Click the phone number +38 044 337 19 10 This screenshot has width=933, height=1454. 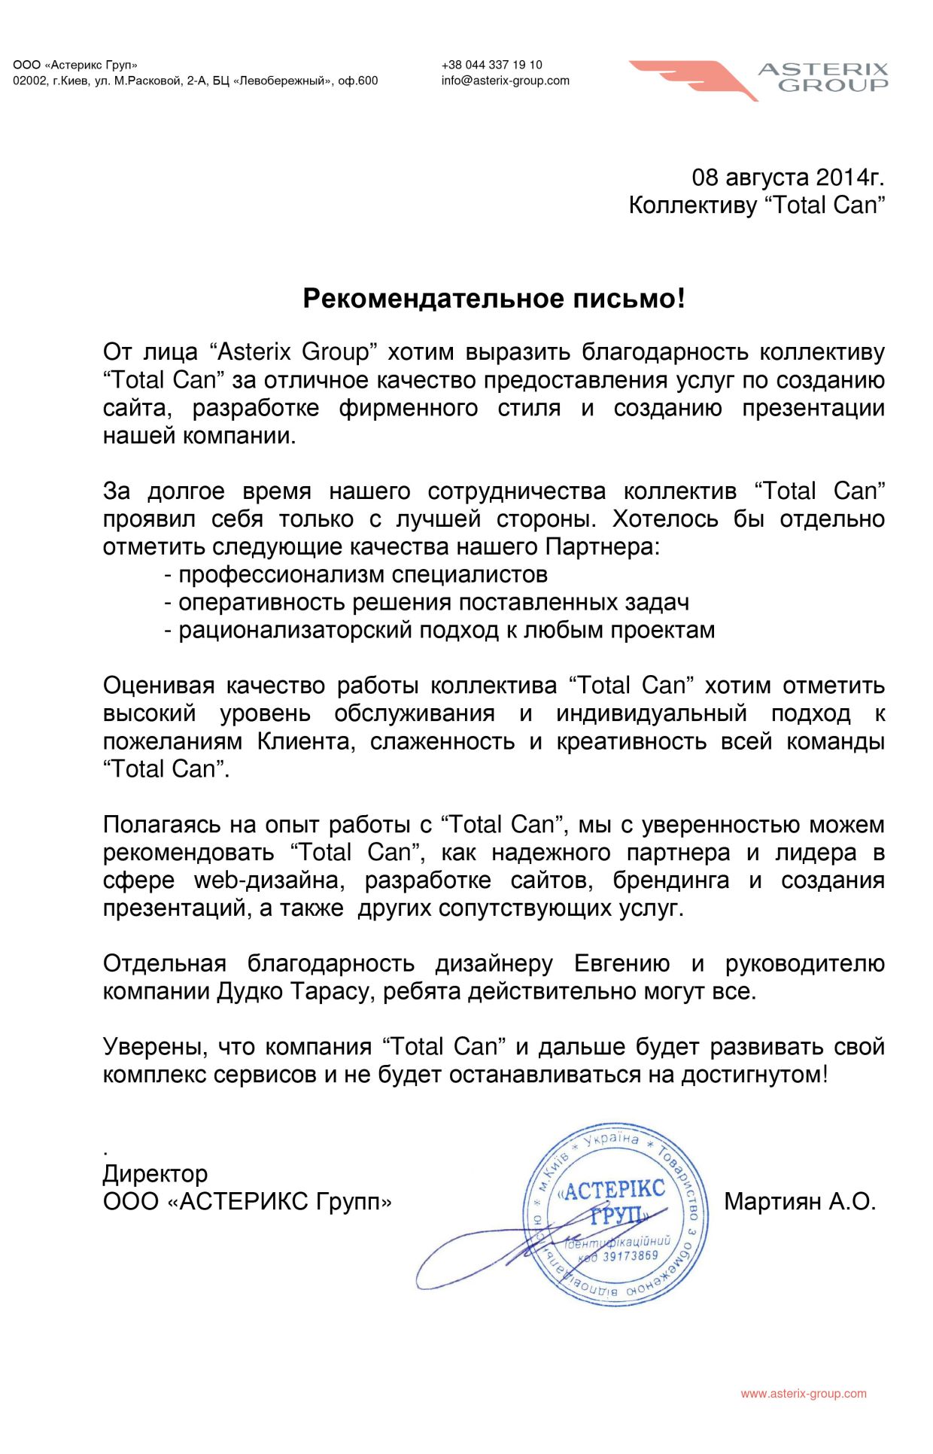click(491, 65)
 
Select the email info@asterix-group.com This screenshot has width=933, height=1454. click(505, 81)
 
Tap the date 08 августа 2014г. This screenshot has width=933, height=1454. click(787, 178)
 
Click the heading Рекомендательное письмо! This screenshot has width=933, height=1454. click(494, 299)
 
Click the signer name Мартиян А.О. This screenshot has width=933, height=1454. click(800, 1201)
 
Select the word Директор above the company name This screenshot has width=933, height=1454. click(155, 1173)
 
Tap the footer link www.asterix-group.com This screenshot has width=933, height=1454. click(803, 1394)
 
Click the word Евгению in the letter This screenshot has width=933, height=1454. click(621, 963)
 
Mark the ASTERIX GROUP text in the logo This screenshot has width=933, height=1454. click(823, 78)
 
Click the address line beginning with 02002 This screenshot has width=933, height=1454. click(195, 81)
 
